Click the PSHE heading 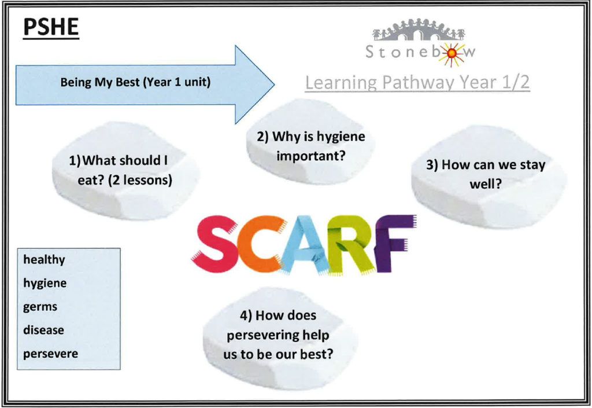coord(51,27)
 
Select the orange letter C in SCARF coord(260,243)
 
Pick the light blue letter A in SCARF coord(302,245)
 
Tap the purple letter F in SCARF coord(394,242)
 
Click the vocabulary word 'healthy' coord(44,260)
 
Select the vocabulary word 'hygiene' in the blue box coord(45,284)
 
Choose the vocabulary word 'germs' coord(40,307)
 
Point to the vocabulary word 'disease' coord(43,330)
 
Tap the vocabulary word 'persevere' coord(51,354)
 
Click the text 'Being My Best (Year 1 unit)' coord(135,82)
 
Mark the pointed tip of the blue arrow coord(275,84)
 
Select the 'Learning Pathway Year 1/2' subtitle coord(417,83)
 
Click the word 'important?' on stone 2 coord(310,156)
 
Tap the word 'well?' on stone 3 coord(486,185)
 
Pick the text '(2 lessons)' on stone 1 coord(140,180)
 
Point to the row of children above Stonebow coord(419,28)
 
